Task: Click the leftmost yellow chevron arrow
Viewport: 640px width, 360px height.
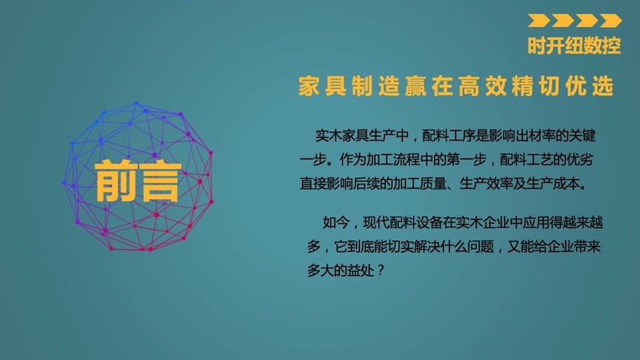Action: pos(538,20)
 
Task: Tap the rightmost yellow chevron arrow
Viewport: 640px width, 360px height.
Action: pos(611,20)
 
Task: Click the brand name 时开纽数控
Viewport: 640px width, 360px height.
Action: pos(575,45)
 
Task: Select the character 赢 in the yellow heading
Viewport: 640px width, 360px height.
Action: pos(415,86)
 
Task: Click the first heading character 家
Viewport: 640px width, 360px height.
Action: pos(309,86)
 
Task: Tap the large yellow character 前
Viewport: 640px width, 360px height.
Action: pos(115,181)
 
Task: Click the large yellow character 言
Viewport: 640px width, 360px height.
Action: pos(159,181)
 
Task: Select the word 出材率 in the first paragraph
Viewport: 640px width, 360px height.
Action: pos(522,135)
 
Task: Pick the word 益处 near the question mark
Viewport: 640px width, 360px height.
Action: pos(360,270)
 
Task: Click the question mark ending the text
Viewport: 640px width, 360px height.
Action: pos(381,270)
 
